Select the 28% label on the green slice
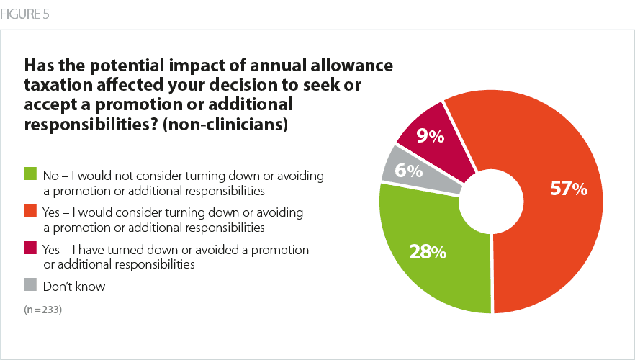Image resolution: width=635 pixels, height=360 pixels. (x=428, y=253)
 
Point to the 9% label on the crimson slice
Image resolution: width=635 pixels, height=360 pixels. (x=431, y=135)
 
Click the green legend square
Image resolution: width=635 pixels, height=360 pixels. (x=30, y=174)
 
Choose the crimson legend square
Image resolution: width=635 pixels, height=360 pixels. (x=30, y=250)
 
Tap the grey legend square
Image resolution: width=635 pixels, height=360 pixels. (x=30, y=287)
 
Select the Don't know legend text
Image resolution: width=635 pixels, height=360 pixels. (x=74, y=287)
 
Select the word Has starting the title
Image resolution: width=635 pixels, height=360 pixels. (x=41, y=66)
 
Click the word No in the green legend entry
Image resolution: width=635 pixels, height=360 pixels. (x=52, y=175)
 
